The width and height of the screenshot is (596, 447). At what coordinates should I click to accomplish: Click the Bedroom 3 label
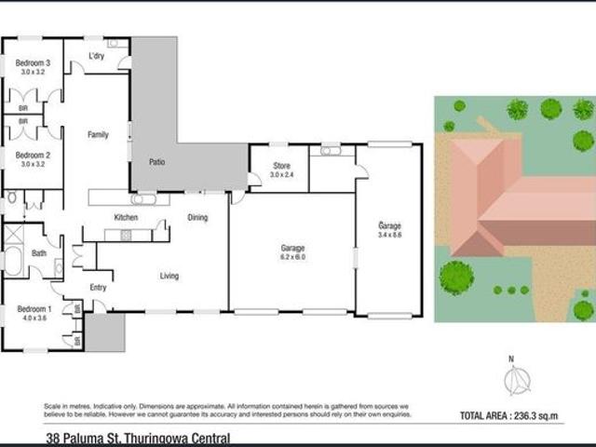coord(33,62)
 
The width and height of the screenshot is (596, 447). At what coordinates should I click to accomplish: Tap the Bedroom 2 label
coord(33,155)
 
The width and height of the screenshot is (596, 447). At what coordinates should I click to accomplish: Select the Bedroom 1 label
coord(33,308)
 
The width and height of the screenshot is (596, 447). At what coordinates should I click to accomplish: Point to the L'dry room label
coord(96,57)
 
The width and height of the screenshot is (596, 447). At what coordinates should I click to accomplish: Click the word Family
coord(98,135)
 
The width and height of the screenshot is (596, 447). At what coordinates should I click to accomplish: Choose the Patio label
coord(157,162)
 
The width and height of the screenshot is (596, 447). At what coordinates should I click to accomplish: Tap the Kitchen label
coord(126,218)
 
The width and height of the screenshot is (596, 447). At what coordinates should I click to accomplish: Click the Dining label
coord(197,218)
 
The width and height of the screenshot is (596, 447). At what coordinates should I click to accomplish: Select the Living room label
coord(169,276)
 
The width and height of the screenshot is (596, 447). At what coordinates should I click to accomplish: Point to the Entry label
coord(98,288)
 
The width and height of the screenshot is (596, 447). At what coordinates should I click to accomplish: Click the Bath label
coord(39,252)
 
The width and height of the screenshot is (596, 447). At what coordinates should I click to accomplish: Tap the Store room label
coord(281,167)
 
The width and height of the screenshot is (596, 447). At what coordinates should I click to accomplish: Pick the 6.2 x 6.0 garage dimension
coord(293,257)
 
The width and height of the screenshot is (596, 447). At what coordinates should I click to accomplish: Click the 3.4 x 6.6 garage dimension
coord(389,236)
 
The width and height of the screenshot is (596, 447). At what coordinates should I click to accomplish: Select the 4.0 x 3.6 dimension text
coord(34,318)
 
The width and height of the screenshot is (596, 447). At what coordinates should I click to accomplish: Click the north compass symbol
coord(516,380)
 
